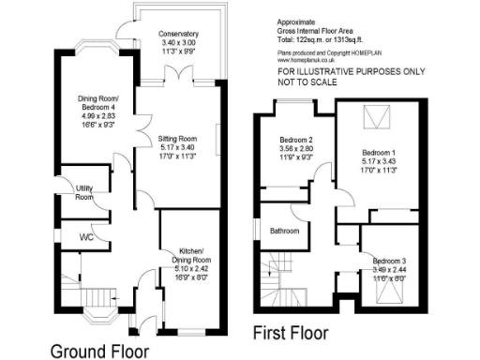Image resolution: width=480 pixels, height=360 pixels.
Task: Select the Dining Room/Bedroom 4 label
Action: (x=97, y=100)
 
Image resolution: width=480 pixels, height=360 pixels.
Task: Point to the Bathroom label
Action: (x=284, y=230)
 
